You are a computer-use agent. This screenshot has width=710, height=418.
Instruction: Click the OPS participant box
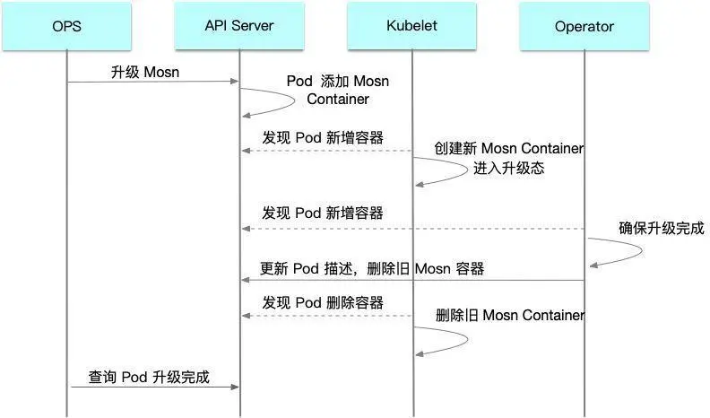(67, 26)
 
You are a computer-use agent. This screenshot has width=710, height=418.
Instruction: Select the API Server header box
(239, 26)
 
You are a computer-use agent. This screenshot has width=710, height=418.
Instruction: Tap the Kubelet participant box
(411, 26)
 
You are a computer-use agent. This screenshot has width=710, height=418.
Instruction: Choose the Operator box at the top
(584, 26)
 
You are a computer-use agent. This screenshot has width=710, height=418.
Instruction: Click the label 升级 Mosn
(145, 72)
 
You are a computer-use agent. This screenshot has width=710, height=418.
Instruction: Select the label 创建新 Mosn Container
(509, 148)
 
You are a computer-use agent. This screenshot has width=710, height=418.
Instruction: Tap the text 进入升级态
(509, 168)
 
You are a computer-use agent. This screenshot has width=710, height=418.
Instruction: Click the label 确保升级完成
(662, 228)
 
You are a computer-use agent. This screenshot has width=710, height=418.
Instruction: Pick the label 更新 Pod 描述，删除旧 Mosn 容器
(372, 268)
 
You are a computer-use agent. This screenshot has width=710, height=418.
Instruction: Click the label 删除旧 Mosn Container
(510, 315)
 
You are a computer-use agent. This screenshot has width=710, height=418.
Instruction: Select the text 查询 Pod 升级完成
(149, 377)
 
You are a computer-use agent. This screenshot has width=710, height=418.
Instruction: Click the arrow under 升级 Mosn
(152, 83)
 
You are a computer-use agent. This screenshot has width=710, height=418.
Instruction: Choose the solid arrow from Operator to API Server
(412, 281)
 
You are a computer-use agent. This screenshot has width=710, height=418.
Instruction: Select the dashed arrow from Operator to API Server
(412, 228)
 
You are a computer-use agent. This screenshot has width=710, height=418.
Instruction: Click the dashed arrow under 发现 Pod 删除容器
(326, 316)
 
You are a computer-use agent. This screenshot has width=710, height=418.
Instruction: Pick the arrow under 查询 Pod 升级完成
(152, 387)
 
